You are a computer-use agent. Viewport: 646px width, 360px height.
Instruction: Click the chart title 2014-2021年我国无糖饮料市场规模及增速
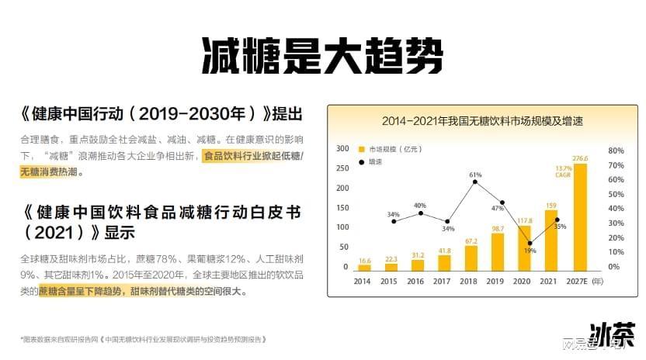click(x=481, y=121)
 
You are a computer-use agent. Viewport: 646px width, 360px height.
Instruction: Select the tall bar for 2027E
click(x=579, y=217)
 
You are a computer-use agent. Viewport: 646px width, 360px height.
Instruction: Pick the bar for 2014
click(x=364, y=267)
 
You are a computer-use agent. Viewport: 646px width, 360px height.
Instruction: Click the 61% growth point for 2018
click(x=474, y=182)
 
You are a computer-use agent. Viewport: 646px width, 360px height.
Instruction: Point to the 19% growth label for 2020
click(x=530, y=251)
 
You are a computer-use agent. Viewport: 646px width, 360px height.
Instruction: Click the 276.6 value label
click(x=579, y=158)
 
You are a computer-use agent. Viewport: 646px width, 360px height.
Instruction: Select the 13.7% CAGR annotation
click(x=564, y=171)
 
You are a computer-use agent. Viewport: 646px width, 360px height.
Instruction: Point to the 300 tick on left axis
click(x=342, y=149)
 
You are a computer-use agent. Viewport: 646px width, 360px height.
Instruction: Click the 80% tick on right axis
click(x=615, y=150)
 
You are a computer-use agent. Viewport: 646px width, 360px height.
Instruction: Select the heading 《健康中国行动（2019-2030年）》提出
click(x=161, y=114)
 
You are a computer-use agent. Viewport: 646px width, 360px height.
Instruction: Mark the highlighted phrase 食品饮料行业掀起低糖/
click(x=253, y=156)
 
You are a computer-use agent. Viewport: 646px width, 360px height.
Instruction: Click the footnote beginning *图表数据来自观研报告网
click(x=144, y=339)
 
